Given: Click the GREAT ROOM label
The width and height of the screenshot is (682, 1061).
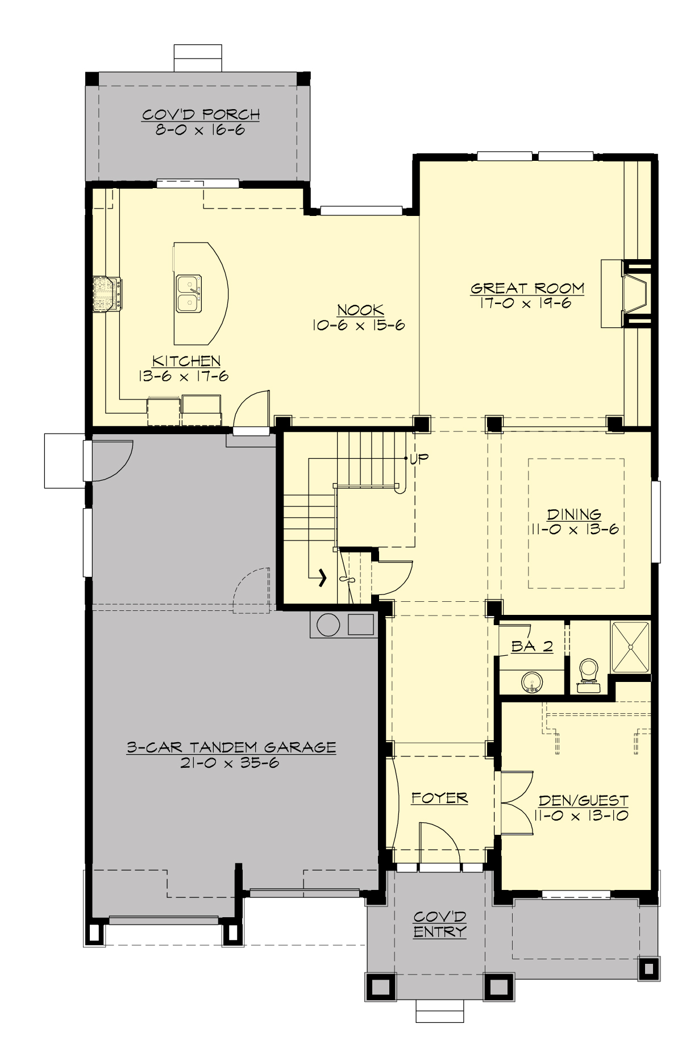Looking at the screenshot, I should [x=527, y=288].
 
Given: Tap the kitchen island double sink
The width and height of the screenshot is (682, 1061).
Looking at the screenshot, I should [x=188, y=293].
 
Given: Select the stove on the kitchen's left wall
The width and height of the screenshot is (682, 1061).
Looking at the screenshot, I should [x=107, y=293].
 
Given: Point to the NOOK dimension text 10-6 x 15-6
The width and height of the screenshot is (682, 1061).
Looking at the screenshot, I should [x=358, y=326].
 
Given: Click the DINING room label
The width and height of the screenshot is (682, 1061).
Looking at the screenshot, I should [x=574, y=515].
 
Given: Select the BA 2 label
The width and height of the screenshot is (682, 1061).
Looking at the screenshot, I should [x=532, y=646].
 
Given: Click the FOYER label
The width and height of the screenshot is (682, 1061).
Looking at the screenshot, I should [x=439, y=798].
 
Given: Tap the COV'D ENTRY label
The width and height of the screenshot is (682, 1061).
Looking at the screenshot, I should [x=439, y=924].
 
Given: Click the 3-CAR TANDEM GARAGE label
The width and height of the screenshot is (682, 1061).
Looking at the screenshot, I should [x=231, y=747].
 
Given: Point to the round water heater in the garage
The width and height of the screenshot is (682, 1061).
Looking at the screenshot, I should [x=328, y=625].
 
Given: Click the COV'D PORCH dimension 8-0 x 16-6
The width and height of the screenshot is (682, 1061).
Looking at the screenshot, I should [x=200, y=130].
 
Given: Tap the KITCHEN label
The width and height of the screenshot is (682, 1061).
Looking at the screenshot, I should [x=186, y=361].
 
